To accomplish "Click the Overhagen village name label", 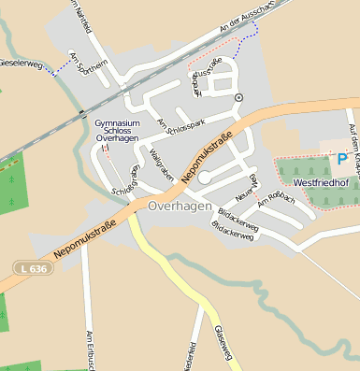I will (180, 206).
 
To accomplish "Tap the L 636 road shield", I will (33, 268).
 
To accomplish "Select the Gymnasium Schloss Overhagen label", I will (118, 131).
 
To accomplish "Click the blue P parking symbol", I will (342, 160).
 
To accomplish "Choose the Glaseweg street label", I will (222, 342).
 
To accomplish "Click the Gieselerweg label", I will (22, 64).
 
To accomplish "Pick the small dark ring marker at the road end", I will (238, 97).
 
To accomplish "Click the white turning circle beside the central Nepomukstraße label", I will (205, 177).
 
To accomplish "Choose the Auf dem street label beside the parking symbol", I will (353, 139).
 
